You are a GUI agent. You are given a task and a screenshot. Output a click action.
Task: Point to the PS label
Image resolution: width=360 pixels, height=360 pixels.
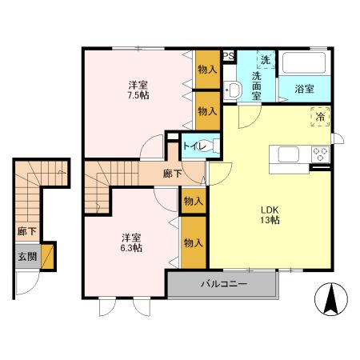[228, 56]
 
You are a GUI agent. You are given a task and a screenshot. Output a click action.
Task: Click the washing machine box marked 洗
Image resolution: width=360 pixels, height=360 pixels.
[265, 59]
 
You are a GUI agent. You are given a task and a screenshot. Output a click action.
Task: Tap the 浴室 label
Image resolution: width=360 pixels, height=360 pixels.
[305, 90]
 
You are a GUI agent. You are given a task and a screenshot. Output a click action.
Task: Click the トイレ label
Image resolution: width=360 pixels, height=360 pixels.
[194, 146]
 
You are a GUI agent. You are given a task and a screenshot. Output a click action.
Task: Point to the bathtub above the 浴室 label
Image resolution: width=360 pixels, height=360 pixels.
[305, 64]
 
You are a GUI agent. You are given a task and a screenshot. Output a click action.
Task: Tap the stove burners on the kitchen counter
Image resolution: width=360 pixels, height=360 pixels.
[321, 154]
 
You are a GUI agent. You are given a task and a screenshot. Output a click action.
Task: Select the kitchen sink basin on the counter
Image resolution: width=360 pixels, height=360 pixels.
[288, 154]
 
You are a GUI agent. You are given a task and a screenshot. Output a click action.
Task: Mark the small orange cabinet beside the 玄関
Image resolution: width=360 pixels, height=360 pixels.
[50, 257]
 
